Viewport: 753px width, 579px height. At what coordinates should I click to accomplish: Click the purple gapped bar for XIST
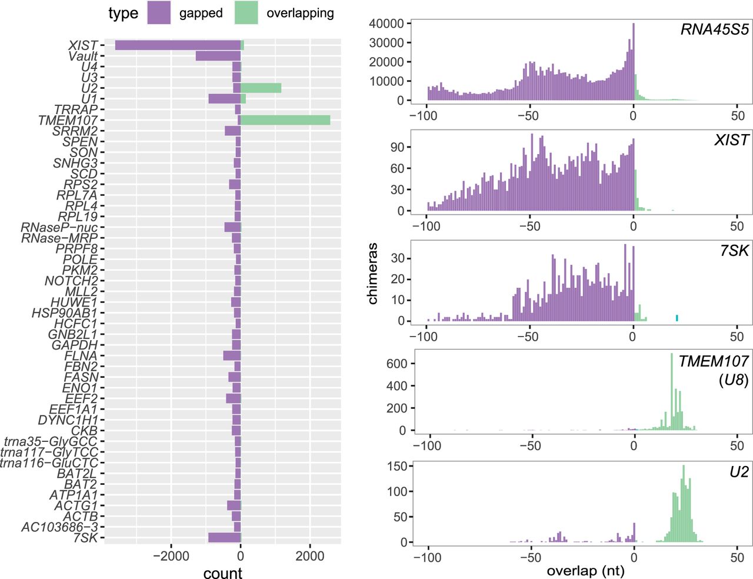[178, 45]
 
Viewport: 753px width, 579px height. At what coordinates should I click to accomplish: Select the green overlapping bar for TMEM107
[285, 120]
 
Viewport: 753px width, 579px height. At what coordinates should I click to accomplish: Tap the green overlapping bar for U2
[261, 88]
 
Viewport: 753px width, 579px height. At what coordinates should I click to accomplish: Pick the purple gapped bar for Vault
[218, 56]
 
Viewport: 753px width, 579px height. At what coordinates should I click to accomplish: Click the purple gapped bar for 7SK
[224, 538]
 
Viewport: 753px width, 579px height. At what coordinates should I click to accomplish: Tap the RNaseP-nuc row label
[59, 227]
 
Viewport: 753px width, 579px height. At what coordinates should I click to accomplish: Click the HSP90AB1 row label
[64, 313]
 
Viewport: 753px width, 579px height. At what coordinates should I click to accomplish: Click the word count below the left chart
[222, 574]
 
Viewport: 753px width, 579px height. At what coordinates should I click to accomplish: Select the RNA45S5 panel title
[714, 30]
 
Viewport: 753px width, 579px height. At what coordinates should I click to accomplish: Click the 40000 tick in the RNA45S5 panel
[386, 24]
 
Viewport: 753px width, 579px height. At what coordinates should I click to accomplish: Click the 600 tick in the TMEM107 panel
[397, 364]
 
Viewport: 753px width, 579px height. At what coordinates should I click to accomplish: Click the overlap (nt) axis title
[585, 571]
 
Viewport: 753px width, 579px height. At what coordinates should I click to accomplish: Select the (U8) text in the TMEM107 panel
[733, 380]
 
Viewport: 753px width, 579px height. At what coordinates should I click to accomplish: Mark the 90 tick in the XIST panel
[397, 147]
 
